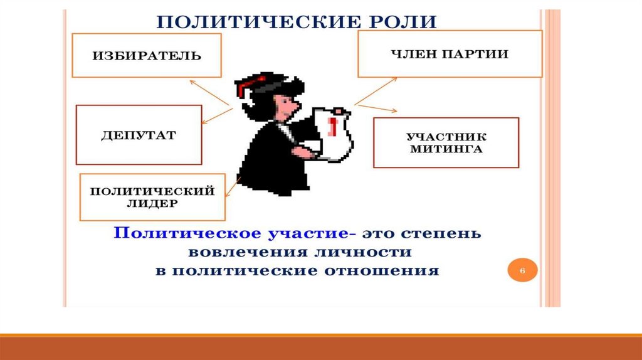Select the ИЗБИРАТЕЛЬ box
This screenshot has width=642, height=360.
pyautogui.click(x=147, y=56)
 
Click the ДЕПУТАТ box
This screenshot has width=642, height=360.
pyautogui.click(x=139, y=135)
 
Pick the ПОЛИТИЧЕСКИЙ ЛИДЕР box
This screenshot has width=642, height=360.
pyautogui.click(x=152, y=197)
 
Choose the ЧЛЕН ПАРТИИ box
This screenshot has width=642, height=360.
pyautogui.click(x=450, y=54)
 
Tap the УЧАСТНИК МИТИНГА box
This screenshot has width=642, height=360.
pyautogui.click(x=446, y=142)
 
